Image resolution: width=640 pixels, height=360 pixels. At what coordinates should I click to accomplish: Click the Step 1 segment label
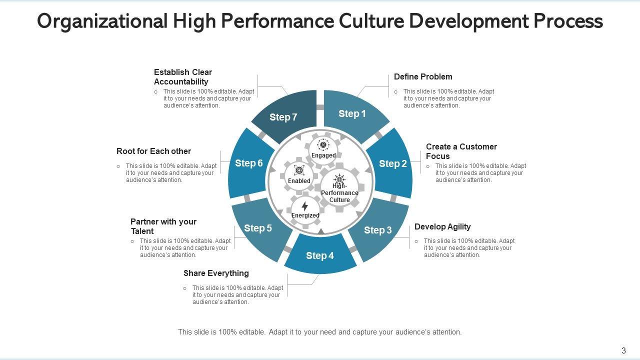(352, 114)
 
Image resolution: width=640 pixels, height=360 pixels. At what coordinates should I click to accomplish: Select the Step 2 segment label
(393, 163)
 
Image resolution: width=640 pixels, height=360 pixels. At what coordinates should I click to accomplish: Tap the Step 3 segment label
(378, 230)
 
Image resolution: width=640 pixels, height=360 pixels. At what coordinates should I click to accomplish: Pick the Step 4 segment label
(320, 256)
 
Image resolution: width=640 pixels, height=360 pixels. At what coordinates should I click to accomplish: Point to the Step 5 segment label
(258, 228)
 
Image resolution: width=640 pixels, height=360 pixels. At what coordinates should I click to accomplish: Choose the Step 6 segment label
(249, 163)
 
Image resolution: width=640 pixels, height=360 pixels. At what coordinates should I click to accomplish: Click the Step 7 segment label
(283, 117)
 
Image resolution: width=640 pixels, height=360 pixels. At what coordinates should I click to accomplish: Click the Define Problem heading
(423, 76)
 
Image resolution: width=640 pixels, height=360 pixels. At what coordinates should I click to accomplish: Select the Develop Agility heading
(442, 226)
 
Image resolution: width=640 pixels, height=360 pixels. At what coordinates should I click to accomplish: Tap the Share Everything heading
(216, 273)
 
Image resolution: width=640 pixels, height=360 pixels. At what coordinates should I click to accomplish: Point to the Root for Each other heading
(153, 151)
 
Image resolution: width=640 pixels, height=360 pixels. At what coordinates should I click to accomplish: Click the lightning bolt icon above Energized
(305, 206)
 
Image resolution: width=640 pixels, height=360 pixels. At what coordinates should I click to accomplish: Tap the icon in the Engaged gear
(323, 145)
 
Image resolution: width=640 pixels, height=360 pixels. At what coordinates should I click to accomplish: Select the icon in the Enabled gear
(299, 170)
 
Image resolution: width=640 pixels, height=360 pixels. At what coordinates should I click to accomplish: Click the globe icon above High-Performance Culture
(339, 179)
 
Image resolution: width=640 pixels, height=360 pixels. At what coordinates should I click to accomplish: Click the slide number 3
(623, 350)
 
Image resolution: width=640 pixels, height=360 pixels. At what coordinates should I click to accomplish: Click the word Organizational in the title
(102, 21)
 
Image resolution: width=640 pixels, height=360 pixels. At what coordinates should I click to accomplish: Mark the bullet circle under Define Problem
(396, 92)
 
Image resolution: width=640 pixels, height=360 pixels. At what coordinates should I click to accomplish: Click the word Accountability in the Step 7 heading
(181, 81)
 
